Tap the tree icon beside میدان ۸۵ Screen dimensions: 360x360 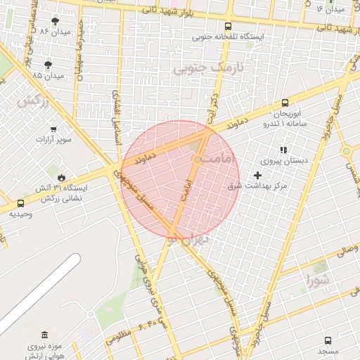[47, 63]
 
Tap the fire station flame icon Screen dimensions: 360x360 [62, 176]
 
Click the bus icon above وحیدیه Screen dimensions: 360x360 [20, 203]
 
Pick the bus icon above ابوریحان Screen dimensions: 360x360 [285, 102]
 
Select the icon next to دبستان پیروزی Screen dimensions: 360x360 [283, 150]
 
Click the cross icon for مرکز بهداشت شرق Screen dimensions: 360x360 [257, 175]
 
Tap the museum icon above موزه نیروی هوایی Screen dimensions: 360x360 [45, 334]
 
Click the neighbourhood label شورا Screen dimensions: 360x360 [318, 282]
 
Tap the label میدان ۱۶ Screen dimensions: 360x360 [331, 9]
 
